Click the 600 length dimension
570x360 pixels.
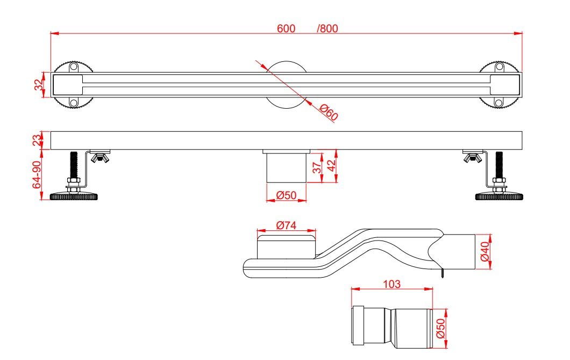pos(286,28)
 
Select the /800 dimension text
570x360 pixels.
pos(327,28)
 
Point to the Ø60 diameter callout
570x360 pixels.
pos(329,112)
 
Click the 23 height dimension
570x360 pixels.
pos(38,140)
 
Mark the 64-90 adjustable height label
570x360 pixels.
pos(37,174)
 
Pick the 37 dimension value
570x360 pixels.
pos(317,167)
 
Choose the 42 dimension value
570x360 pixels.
pos(331,165)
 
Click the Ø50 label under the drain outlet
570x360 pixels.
pos(286,195)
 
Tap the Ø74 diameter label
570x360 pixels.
pos(286,225)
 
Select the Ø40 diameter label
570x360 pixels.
pos(485,252)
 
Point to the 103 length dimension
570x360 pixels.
pos(391,284)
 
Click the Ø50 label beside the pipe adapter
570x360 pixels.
pos(440,328)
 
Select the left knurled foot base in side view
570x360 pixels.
pos(74,197)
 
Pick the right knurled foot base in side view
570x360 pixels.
pos(499,197)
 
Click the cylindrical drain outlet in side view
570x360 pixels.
pos(286,168)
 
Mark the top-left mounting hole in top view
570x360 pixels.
pos(74,67)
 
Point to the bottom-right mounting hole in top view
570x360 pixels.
pos(499,103)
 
